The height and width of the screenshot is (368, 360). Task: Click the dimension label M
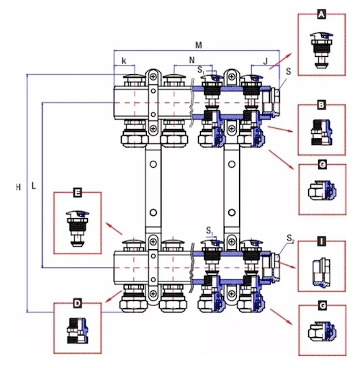point(199,45)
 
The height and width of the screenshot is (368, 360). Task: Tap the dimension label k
point(124,61)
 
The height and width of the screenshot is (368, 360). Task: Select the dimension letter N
point(192,60)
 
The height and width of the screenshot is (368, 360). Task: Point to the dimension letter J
point(265,61)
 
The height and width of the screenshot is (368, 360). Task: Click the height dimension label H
point(19,187)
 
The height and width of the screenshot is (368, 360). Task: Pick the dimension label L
point(34,185)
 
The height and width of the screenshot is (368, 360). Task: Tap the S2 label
point(290,238)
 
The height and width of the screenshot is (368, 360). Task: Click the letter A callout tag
point(321,14)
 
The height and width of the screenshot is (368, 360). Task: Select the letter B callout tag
point(321,105)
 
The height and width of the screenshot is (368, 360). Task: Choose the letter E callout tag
point(77,192)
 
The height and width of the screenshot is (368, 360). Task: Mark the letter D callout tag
point(77,303)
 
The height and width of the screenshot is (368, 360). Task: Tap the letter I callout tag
point(321,241)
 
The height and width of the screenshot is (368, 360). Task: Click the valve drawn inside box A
point(322,50)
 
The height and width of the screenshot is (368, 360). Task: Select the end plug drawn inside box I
point(322,272)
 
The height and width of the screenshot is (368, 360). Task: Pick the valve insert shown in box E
point(77,228)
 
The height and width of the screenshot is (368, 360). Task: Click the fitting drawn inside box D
point(77,331)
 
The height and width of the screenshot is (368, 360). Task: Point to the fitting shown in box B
point(322,133)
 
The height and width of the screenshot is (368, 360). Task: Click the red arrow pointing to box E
point(114,228)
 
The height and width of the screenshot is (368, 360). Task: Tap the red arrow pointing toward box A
point(280,61)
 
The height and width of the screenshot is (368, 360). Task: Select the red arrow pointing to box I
point(287,265)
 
